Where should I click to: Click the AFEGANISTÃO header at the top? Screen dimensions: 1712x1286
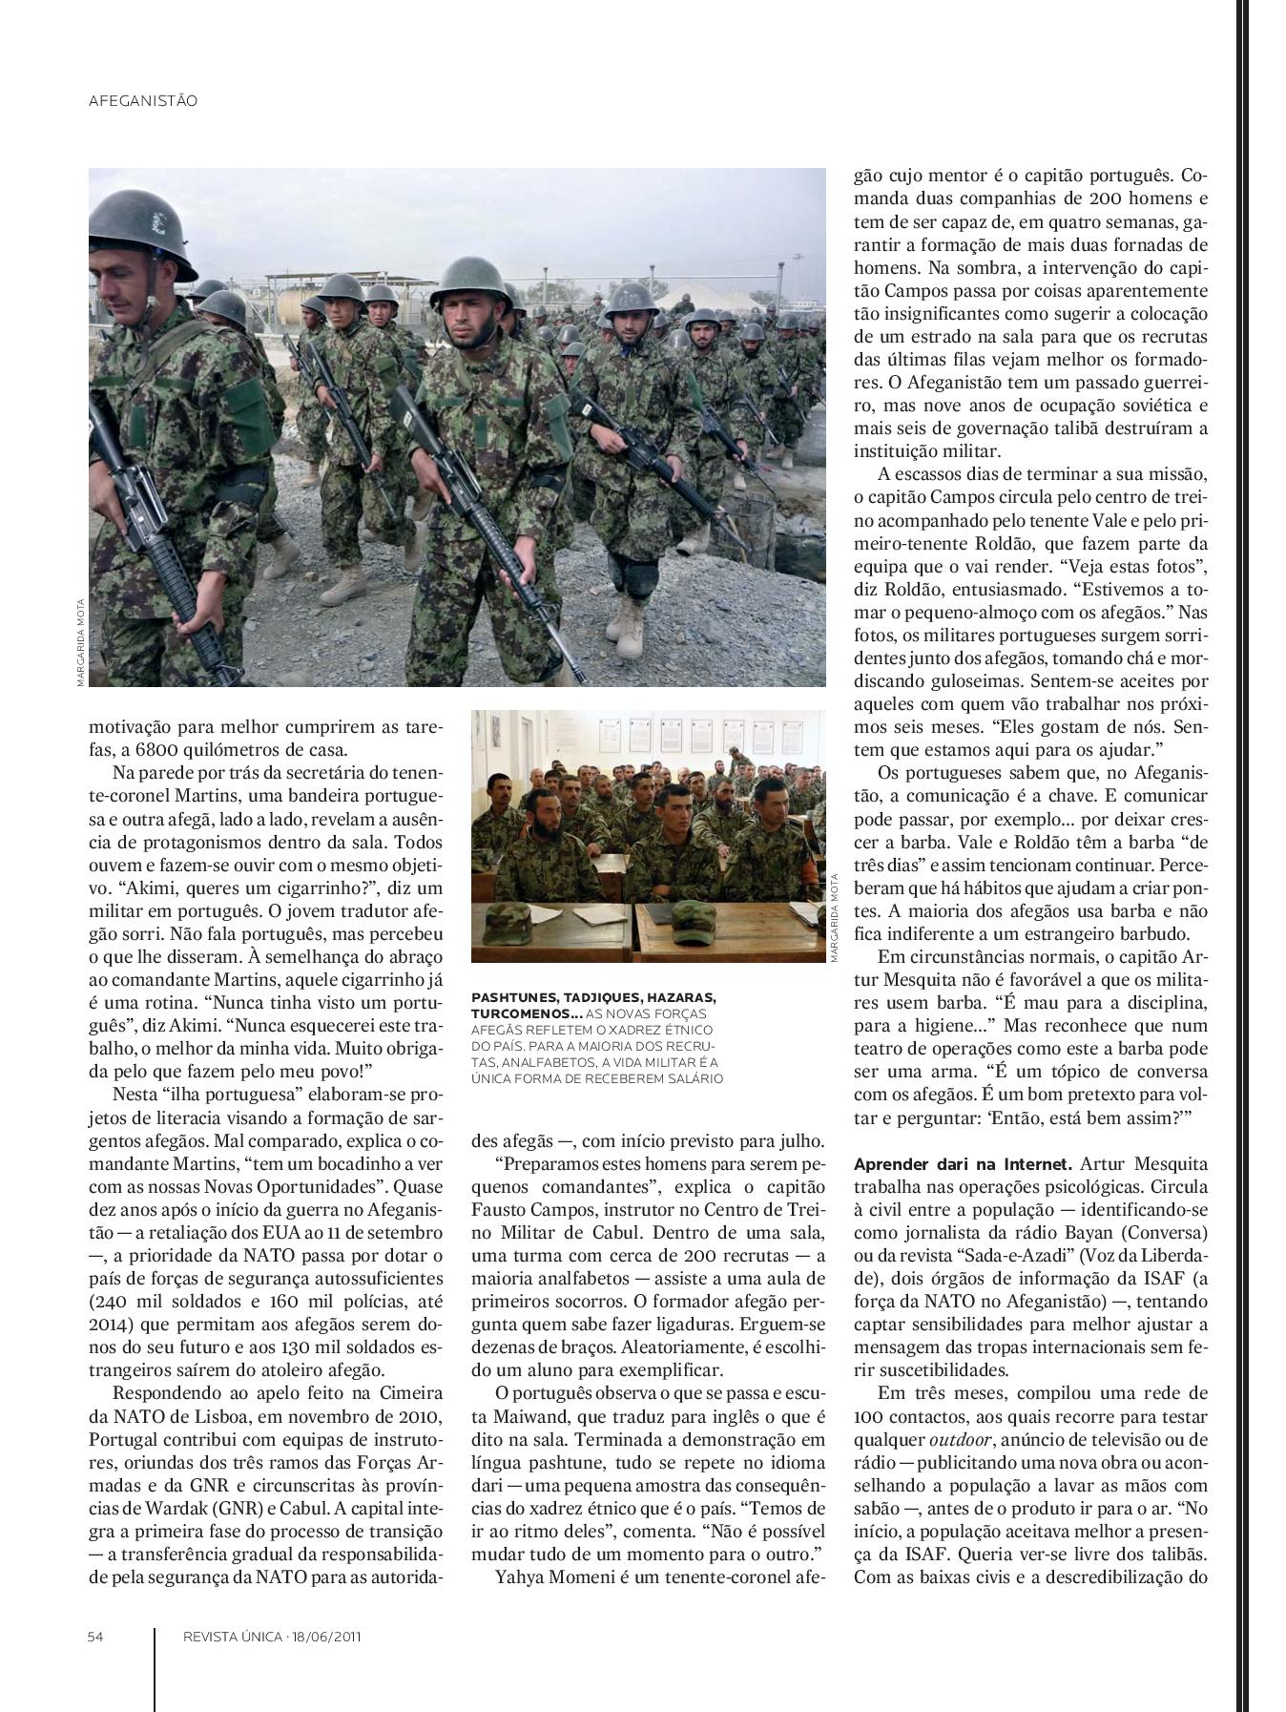(142, 100)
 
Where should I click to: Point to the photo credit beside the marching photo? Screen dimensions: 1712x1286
(80, 641)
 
